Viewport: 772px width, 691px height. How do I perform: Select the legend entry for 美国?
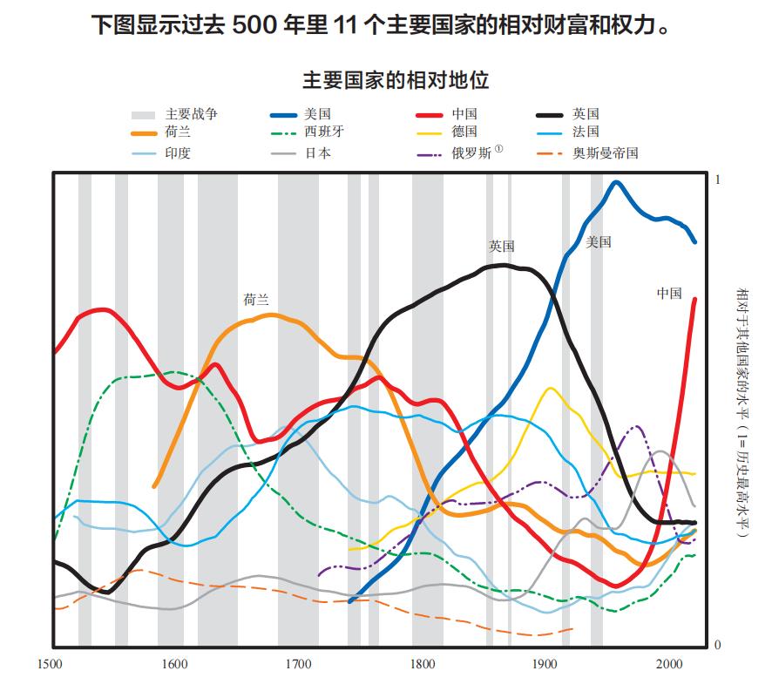point(317,114)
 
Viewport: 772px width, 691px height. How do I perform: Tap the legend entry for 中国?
point(464,114)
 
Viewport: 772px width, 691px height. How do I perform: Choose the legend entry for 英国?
point(586,114)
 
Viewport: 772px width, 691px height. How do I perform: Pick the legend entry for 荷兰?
point(178,132)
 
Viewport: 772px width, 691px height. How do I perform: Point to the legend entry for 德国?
point(464,132)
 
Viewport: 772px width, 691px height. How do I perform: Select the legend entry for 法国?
point(586,132)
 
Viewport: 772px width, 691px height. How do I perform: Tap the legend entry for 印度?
point(178,153)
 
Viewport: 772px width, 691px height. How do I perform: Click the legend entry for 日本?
point(317,153)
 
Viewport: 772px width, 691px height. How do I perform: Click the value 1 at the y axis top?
point(718,180)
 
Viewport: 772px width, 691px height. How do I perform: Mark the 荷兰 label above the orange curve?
point(256,300)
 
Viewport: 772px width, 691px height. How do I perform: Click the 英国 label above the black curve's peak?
point(502,247)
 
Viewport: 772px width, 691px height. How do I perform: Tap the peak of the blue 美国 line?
point(617,182)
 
